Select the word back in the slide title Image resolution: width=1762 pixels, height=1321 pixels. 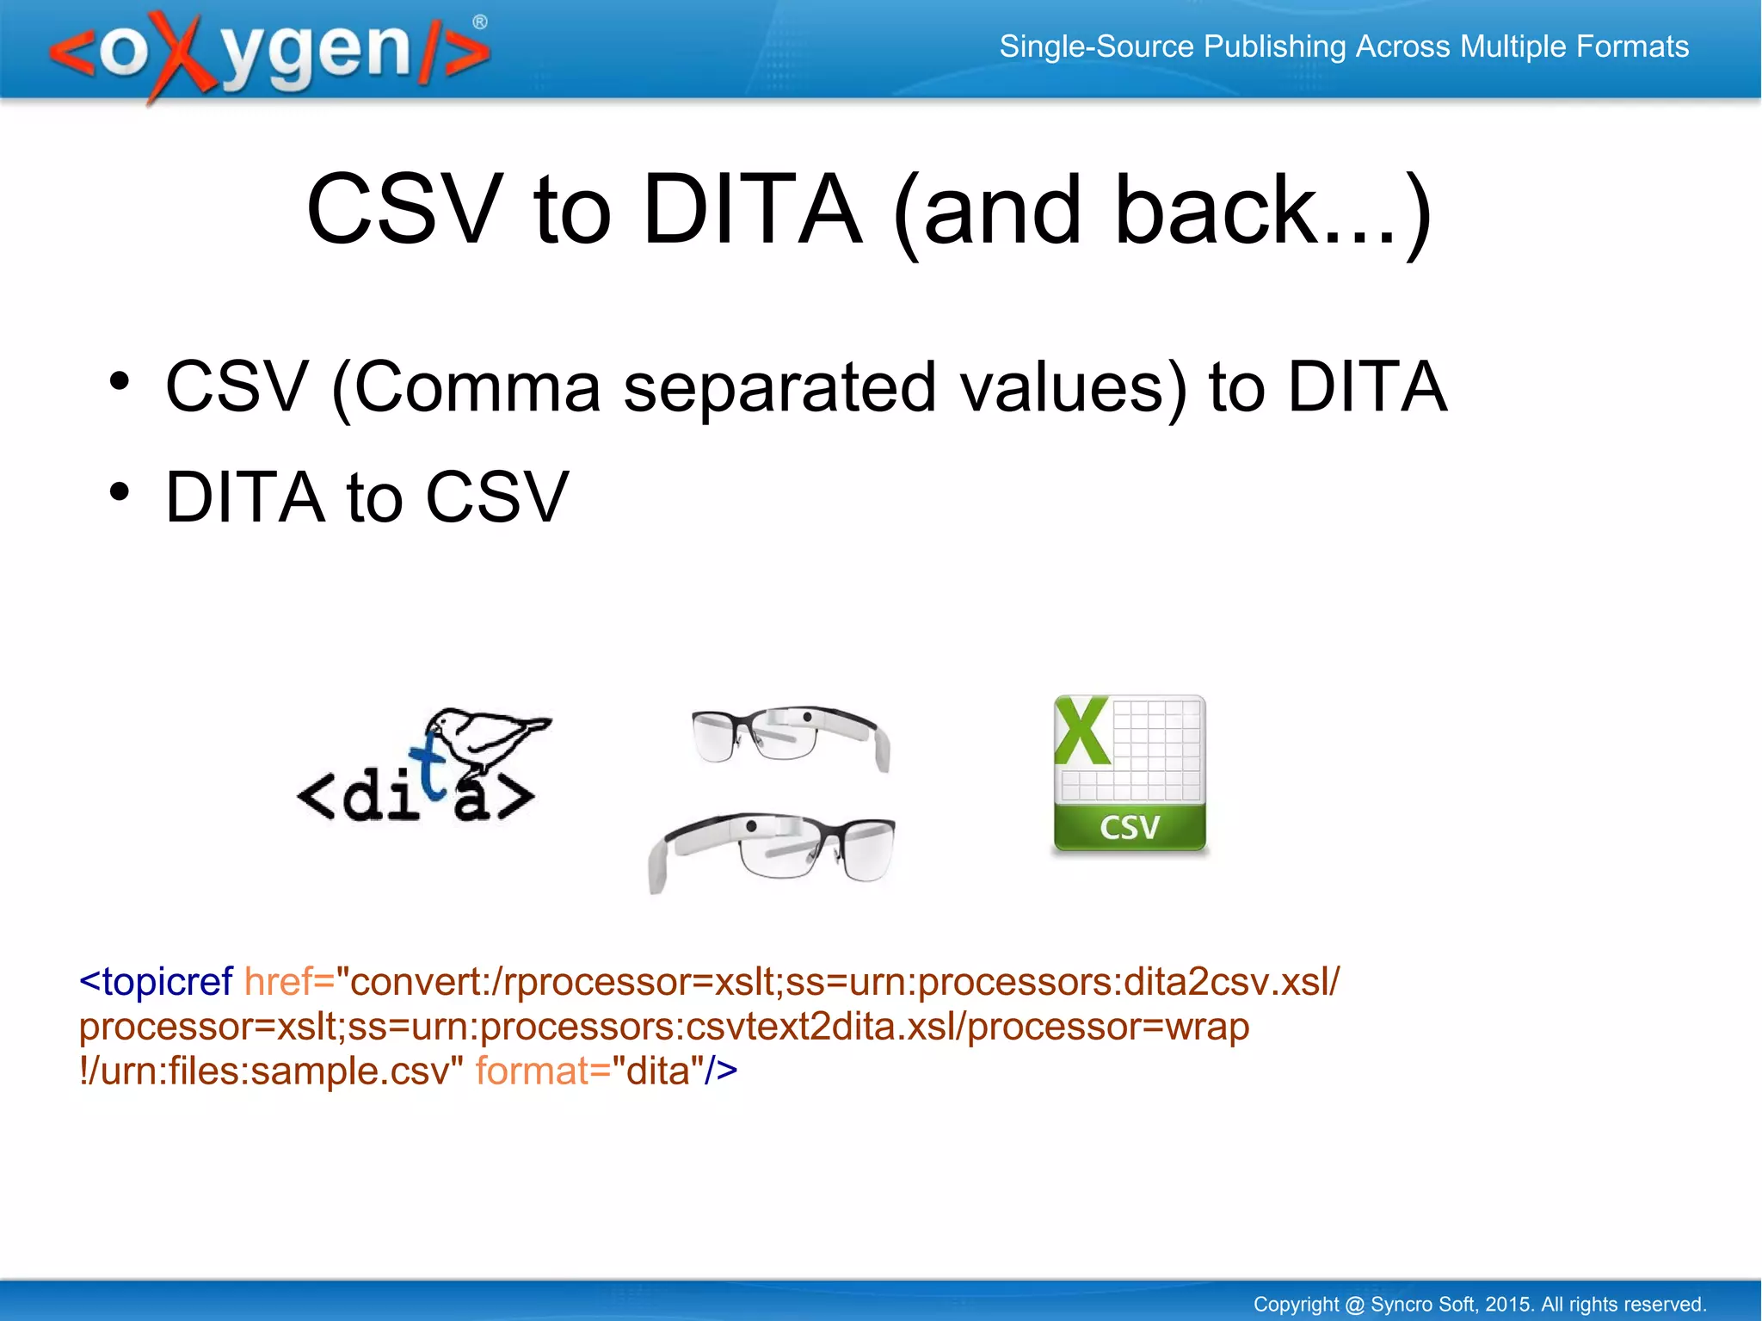[1214, 210]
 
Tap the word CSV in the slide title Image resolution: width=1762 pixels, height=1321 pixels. [404, 210]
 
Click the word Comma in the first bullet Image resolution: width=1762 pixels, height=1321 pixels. [477, 387]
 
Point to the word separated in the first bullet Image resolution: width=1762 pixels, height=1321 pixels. [779, 387]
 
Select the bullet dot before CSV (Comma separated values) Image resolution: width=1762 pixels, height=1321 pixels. [120, 381]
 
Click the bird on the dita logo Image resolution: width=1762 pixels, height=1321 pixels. [486, 736]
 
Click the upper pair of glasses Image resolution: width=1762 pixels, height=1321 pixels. [790, 737]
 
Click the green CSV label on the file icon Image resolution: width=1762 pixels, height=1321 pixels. [1130, 828]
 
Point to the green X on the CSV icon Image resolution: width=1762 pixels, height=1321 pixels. [1081, 731]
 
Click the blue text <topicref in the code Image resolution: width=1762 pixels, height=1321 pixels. [156, 982]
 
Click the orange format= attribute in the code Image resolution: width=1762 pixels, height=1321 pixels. [542, 1071]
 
